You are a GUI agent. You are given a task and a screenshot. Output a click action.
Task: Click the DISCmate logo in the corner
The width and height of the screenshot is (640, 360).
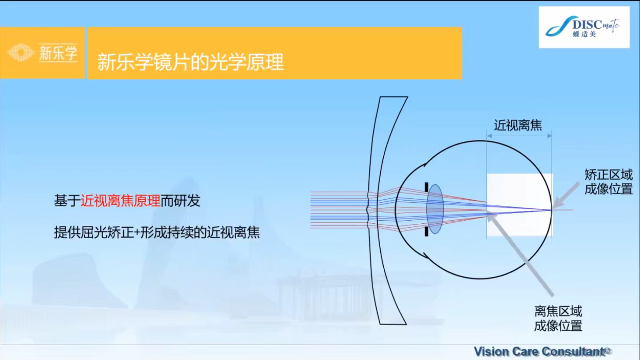(x=583, y=27)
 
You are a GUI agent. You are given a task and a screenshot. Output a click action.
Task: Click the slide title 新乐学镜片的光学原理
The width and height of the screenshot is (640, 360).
(x=190, y=62)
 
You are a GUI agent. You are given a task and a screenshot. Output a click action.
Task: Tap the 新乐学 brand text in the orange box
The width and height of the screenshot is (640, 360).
(x=58, y=53)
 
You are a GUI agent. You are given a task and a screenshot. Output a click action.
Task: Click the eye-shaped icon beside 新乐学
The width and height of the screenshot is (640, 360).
(x=20, y=53)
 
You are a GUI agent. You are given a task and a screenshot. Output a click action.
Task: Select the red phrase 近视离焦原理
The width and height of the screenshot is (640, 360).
(x=120, y=201)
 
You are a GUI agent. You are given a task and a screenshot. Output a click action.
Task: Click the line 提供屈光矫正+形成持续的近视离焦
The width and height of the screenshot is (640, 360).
(x=157, y=232)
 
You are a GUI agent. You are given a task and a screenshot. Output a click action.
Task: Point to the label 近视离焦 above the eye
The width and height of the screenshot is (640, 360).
(x=518, y=125)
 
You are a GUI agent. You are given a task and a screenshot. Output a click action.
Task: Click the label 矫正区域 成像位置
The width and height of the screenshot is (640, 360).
(x=608, y=182)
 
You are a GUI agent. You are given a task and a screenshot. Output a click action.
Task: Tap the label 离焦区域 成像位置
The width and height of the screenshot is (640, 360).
(x=558, y=318)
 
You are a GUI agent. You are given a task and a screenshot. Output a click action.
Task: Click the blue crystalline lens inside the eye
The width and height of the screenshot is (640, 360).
(x=435, y=209)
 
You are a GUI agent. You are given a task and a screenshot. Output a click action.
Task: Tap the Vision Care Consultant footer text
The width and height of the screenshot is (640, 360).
(x=539, y=351)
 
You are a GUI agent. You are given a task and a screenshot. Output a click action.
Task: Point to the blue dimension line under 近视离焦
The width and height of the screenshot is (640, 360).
(x=519, y=136)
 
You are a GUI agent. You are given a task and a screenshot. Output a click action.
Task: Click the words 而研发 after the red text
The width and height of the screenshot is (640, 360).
(x=180, y=201)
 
